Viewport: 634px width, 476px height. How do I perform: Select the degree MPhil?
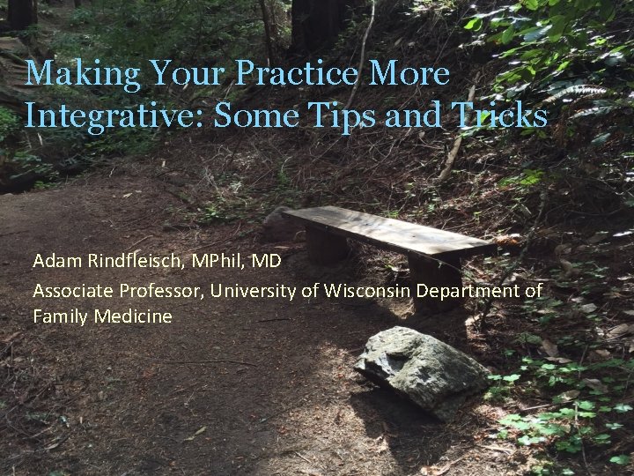point(223,262)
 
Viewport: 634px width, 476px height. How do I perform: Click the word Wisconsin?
point(367,289)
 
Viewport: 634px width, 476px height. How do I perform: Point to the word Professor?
point(152,289)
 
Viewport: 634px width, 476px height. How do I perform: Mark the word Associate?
point(70,289)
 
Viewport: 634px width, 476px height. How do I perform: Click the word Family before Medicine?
point(58,316)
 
